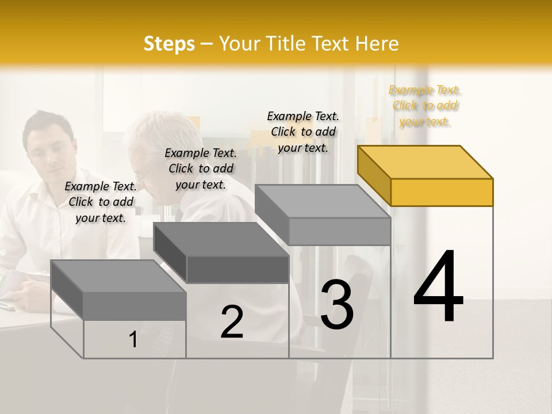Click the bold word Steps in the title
(169, 44)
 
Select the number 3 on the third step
(336, 305)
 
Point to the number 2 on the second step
(232, 322)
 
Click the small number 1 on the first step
(133, 339)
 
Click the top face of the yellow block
(425, 162)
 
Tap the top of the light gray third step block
(323, 201)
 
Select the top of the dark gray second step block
(221, 239)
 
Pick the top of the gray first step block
(118, 276)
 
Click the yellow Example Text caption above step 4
(425, 105)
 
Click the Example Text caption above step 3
(303, 132)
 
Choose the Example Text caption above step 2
(201, 168)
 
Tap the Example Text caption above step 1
(101, 202)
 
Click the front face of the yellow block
(442, 192)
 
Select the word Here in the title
(378, 44)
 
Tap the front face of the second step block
(237, 269)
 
